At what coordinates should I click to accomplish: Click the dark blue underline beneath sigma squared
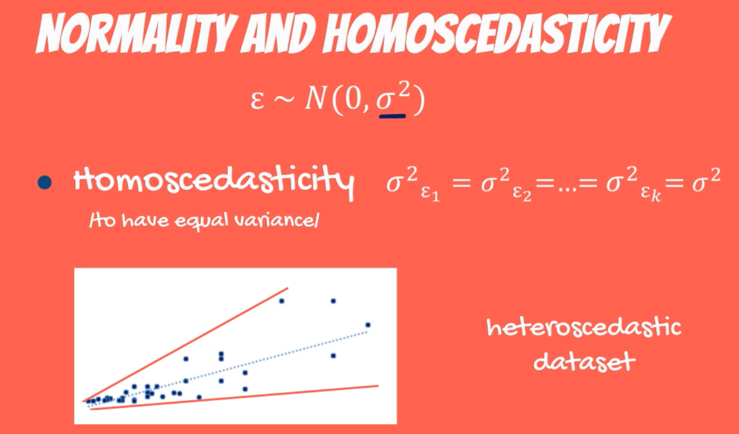pyautogui.click(x=392, y=116)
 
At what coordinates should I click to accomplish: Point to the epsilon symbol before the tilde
pyautogui.click(x=257, y=101)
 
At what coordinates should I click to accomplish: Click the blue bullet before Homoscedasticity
pyautogui.click(x=45, y=182)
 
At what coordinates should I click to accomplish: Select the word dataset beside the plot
pyautogui.click(x=584, y=361)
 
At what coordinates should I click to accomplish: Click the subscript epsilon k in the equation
pyautogui.click(x=651, y=194)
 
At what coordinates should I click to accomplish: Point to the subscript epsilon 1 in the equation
pyautogui.click(x=430, y=194)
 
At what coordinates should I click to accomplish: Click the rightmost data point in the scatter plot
pyautogui.click(x=368, y=325)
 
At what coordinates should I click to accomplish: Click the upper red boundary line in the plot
pyautogui.click(x=185, y=345)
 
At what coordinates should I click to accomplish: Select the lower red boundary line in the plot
pyautogui.click(x=234, y=398)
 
